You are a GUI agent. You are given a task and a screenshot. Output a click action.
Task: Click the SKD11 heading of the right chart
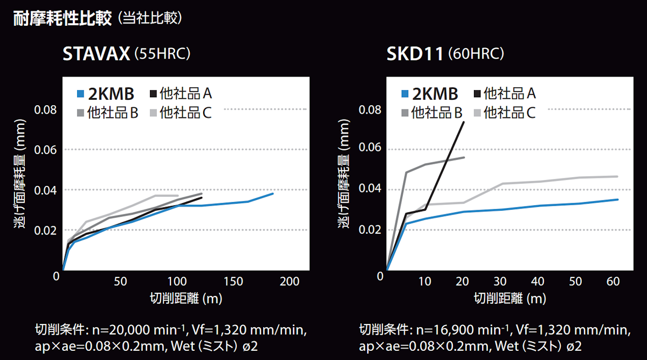click(415, 54)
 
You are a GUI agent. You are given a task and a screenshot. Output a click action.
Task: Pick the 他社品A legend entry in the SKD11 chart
click(504, 94)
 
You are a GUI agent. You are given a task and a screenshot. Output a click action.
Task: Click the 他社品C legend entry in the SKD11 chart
click(504, 112)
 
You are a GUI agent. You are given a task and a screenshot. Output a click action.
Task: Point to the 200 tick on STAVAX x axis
click(290, 281)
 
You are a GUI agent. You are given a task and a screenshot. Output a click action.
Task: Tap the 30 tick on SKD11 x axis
click(501, 281)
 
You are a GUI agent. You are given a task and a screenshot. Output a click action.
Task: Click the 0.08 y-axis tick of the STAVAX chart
click(45, 110)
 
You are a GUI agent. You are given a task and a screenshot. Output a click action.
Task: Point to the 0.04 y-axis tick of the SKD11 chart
click(370, 189)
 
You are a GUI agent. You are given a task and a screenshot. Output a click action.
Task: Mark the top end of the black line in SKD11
click(463, 122)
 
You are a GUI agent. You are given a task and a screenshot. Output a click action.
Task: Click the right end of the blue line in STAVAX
click(273, 193)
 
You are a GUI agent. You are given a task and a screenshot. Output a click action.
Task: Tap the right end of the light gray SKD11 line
click(617, 176)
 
